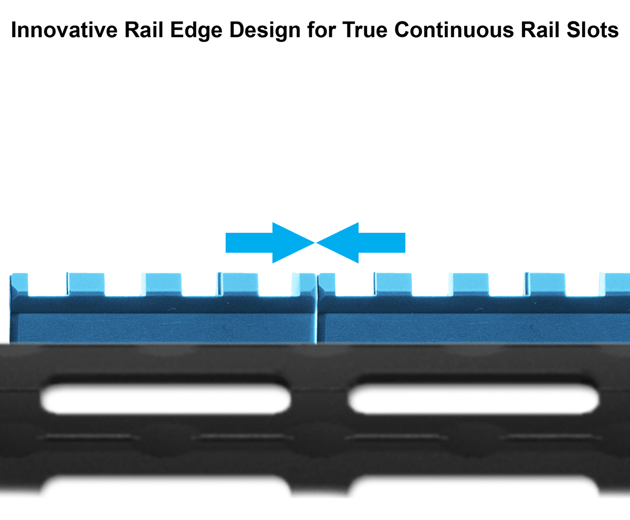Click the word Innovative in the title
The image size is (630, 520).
(x=63, y=30)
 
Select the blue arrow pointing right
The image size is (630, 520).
(x=268, y=243)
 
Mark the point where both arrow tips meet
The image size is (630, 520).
(x=316, y=243)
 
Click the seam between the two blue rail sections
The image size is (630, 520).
(x=317, y=310)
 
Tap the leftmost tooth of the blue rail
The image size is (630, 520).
(x=19, y=284)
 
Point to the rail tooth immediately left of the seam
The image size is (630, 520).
(x=304, y=284)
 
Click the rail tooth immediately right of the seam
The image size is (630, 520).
(x=326, y=284)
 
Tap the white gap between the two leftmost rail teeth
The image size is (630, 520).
(x=48, y=284)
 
